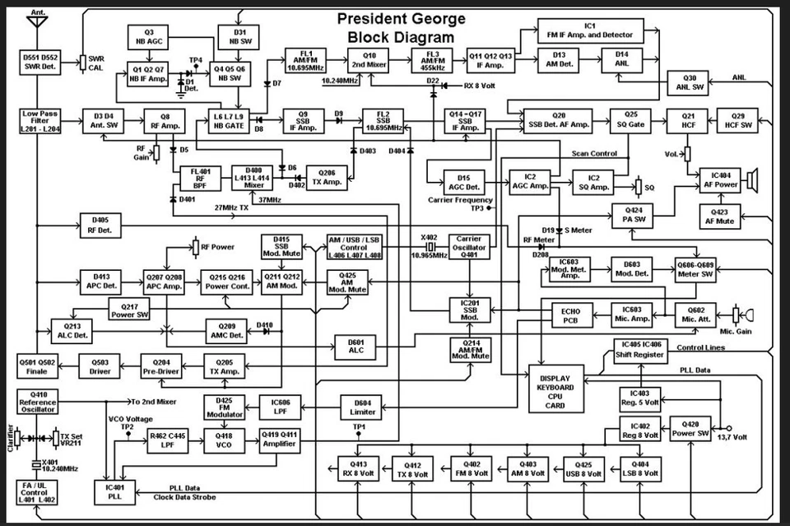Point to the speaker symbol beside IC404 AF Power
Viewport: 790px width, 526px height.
click(x=750, y=179)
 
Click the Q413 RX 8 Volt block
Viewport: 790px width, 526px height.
click(x=359, y=469)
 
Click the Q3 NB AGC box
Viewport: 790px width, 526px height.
click(x=149, y=36)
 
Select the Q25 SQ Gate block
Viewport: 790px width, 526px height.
click(x=630, y=120)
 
